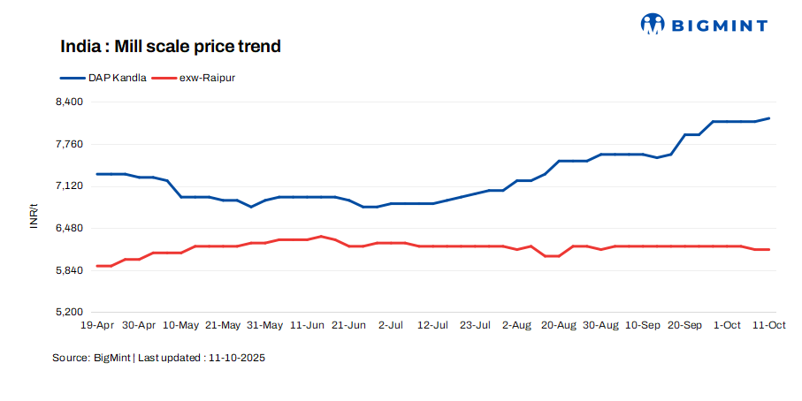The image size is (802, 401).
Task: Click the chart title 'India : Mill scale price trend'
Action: pos(171,46)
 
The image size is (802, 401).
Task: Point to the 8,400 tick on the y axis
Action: pos(68,102)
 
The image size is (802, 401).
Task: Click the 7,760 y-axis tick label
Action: pos(68,144)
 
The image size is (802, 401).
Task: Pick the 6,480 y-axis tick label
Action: pos(68,228)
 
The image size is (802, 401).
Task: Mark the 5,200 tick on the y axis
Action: pos(68,313)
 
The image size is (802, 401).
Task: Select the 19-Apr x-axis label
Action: pos(97,326)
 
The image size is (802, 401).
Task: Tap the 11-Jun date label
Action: pos(307,326)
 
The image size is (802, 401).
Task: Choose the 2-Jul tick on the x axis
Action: pos(391,326)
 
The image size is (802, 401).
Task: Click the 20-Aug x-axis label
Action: pos(559,326)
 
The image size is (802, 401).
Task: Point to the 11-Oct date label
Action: pos(768,326)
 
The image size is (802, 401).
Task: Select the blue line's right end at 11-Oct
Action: pos(768,118)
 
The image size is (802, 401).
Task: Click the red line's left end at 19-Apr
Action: pos(97,266)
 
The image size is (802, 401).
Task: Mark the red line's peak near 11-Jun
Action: pos(321,236)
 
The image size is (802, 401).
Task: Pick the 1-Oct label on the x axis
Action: pos(727,326)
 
